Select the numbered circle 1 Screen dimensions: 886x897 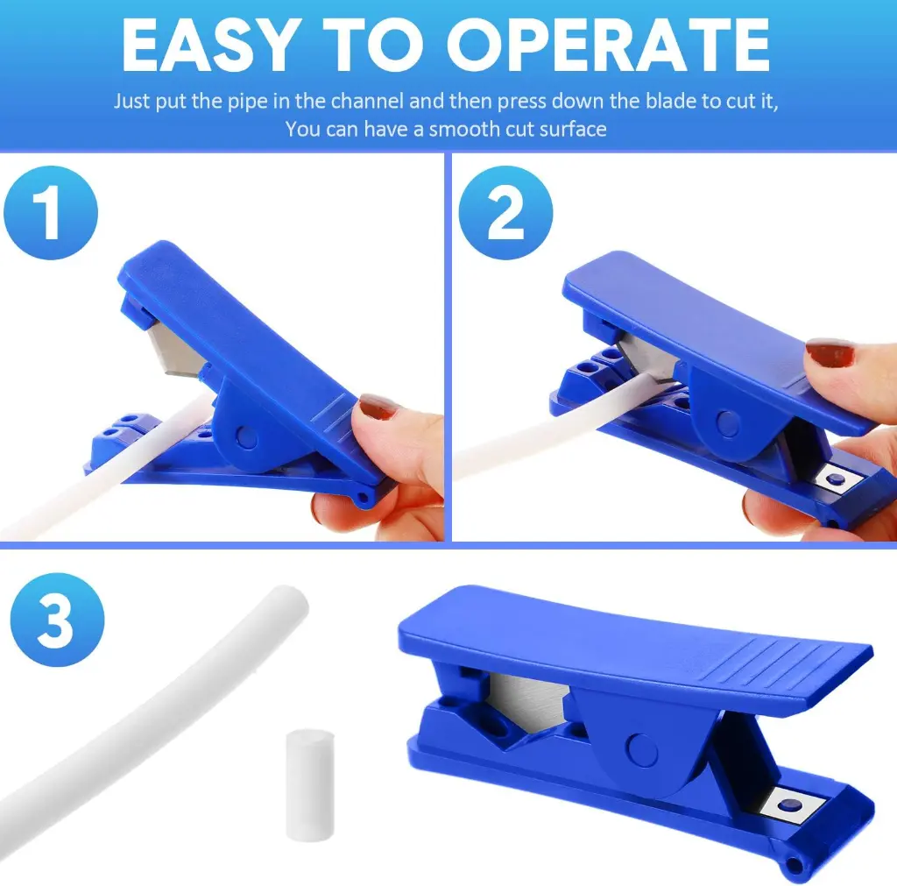point(50,214)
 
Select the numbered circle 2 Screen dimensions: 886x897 point(505,213)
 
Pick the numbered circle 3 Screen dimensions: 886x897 point(57,620)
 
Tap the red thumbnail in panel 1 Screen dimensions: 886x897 point(379,407)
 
